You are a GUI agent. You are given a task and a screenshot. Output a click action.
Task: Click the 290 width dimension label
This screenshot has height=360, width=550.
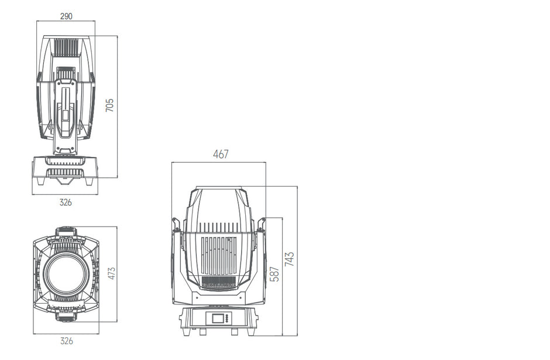[66, 16]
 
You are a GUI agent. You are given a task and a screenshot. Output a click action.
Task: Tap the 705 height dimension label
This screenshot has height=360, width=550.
[109, 105]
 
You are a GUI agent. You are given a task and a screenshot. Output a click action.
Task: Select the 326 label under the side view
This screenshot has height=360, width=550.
[66, 202]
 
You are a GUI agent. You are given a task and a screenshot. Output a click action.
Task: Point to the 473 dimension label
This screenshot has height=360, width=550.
[111, 273]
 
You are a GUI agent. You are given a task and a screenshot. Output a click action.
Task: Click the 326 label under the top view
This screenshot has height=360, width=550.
[66, 341]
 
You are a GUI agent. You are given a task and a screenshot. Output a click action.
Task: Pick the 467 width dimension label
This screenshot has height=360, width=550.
[221, 155]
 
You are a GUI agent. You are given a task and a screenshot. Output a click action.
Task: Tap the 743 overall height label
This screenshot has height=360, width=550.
[289, 259]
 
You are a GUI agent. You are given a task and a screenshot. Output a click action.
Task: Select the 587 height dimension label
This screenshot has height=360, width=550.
[275, 273]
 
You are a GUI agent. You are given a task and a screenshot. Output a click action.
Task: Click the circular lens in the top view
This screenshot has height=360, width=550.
[67, 274]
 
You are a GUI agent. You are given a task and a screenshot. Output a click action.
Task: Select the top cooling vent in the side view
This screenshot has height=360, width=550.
[66, 47]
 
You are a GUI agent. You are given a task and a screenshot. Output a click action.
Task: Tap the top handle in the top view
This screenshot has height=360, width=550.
[66, 232]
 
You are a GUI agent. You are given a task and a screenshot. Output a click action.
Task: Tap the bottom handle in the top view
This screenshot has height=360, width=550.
[66, 317]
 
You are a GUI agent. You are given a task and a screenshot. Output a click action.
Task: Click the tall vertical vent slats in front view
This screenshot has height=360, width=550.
[219, 256]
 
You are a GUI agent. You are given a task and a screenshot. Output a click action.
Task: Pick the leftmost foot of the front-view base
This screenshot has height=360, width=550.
[186, 331]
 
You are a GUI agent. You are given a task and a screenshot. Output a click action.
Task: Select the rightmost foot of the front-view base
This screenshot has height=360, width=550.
[252, 331]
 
